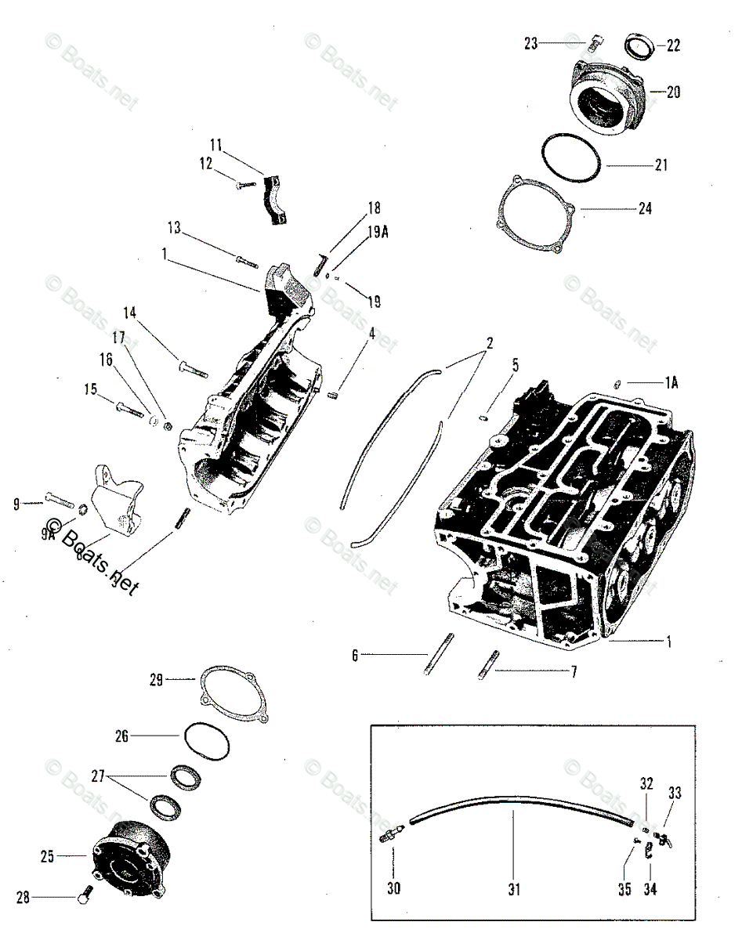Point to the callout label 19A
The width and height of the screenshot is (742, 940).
pyautogui.click(x=377, y=231)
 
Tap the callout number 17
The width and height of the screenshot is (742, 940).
pyautogui.click(x=118, y=338)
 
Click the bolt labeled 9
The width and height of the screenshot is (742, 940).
pyautogui.click(x=60, y=498)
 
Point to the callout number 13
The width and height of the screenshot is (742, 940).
pyautogui.click(x=174, y=227)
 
